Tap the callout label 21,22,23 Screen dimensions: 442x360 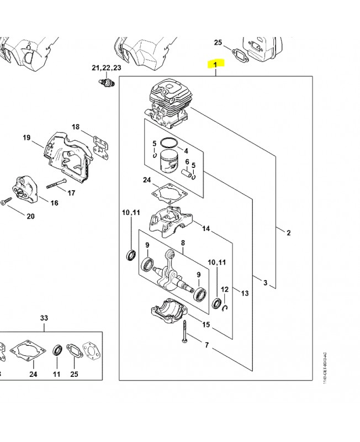[106, 67]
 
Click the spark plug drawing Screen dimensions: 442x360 [105, 84]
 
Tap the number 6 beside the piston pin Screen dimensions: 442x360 [187, 162]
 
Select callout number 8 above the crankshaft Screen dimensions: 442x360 [183, 242]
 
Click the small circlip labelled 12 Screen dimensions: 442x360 [224, 307]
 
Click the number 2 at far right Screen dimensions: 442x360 [288, 233]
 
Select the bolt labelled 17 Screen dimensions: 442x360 [57, 183]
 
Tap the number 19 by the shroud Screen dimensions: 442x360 [26, 138]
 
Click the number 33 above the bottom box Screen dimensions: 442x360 [44, 318]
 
